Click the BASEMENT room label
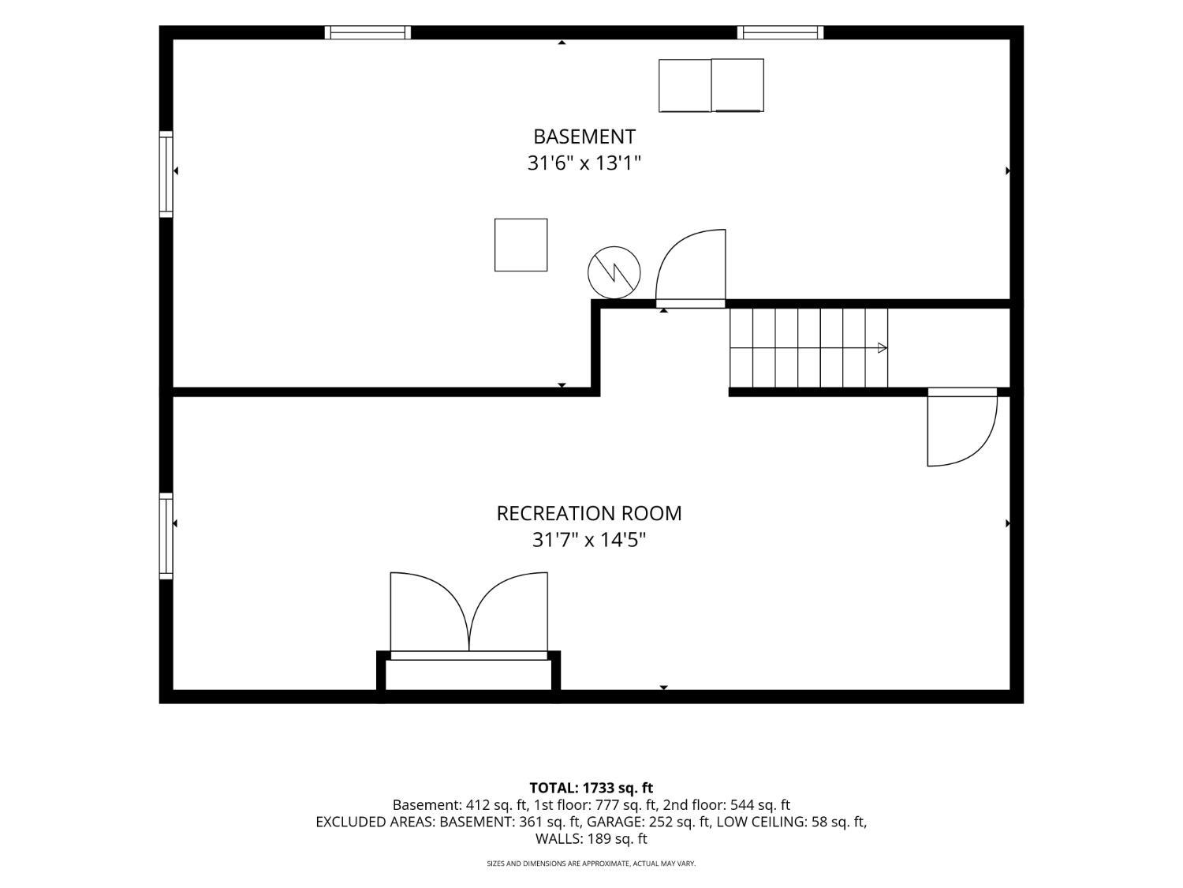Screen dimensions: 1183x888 [x=584, y=137]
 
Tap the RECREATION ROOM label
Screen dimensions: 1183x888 [x=589, y=514]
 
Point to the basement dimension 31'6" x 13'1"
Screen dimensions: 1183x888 [x=584, y=163]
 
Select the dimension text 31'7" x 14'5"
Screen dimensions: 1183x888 [x=588, y=540]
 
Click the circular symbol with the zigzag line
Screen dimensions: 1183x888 [x=614, y=273]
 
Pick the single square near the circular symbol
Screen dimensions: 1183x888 [x=521, y=245]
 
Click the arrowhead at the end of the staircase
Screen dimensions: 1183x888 [x=883, y=348]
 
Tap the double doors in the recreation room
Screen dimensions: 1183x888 [x=469, y=615]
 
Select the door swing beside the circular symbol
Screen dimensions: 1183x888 [x=690, y=268]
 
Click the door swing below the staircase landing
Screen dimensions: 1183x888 [x=962, y=426]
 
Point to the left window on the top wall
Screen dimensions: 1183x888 [x=368, y=32]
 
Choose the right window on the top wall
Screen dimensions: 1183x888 [x=781, y=32]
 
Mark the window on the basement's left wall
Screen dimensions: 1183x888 [x=166, y=174]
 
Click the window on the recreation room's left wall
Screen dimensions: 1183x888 [x=166, y=536]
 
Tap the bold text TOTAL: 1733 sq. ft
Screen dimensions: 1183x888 [x=591, y=789]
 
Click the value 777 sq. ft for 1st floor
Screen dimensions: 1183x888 [x=626, y=805]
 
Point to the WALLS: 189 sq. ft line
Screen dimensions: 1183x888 [x=591, y=839]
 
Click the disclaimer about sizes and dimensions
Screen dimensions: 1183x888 [x=591, y=864]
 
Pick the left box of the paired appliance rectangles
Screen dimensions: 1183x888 [x=685, y=85]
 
